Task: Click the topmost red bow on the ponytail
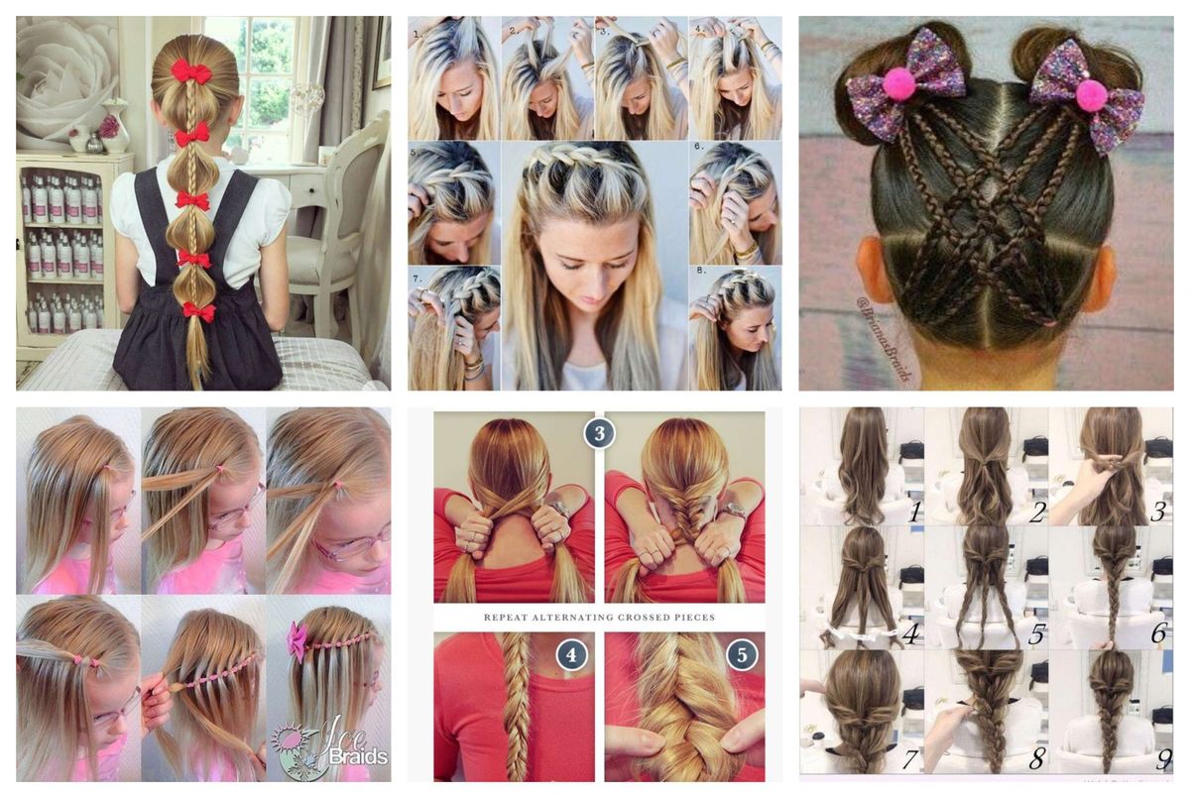[190, 71]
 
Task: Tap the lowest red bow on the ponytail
[198, 313]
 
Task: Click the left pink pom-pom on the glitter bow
[899, 84]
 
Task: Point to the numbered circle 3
[599, 433]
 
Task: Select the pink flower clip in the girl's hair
[297, 640]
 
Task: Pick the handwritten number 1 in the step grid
[914, 512]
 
